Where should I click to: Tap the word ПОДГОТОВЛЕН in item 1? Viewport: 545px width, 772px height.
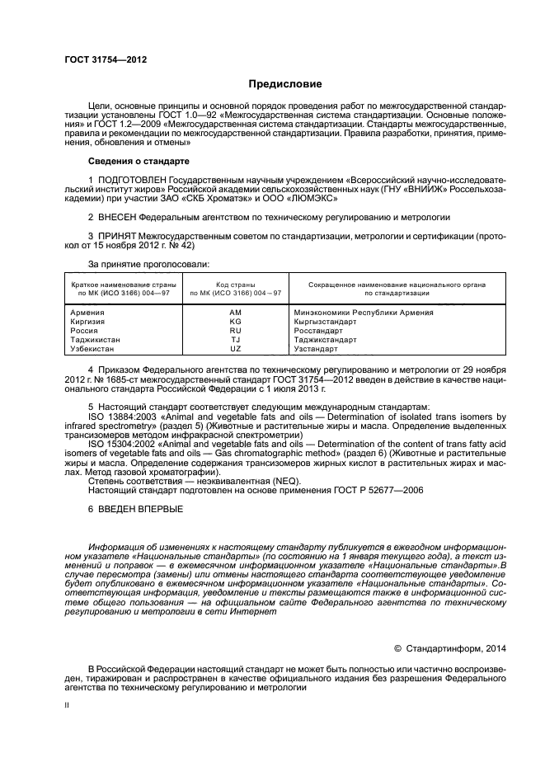(132, 179)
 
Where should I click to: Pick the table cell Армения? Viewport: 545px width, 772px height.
(87, 313)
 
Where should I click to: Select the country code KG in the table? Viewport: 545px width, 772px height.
(235, 322)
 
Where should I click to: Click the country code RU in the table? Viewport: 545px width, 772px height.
(235, 331)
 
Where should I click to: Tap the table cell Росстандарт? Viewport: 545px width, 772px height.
(317, 331)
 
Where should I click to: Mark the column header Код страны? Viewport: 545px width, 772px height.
(235, 285)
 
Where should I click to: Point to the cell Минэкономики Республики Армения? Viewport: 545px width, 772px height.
(363, 313)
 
